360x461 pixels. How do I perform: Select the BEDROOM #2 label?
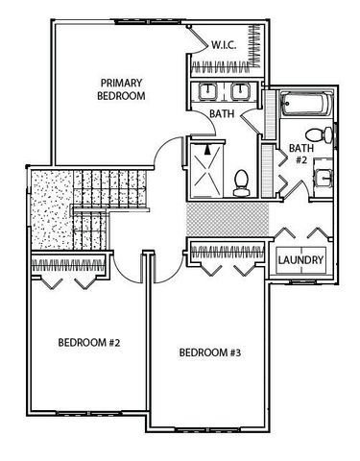click(87, 342)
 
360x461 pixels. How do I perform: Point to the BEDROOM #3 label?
click(210, 352)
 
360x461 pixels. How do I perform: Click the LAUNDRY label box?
click(301, 260)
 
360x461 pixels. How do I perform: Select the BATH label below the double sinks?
click(222, 114)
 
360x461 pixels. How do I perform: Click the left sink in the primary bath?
click(208, 91)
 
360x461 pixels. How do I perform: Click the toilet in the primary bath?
click(243, 179)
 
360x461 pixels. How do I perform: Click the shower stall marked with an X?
click(205, 167)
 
